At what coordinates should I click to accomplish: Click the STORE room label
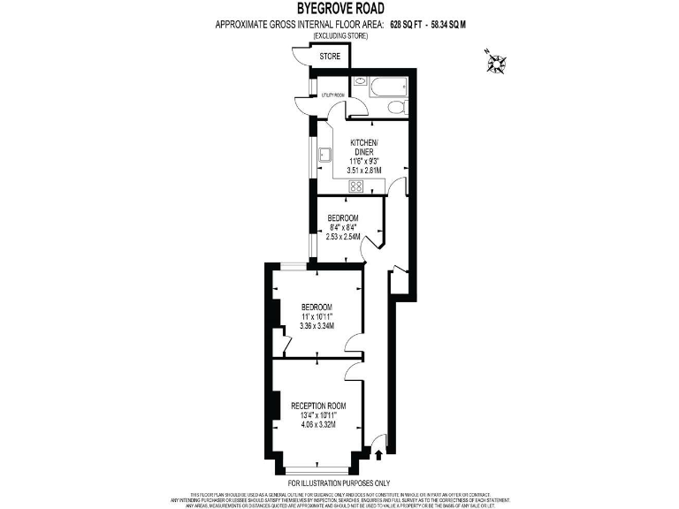(330, 57)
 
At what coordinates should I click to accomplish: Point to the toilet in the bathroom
(395, 107)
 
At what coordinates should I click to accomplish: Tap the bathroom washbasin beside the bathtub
(360, 82)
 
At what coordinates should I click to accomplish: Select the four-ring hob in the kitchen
(358, 186)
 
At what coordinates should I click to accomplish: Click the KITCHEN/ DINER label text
(364, 147)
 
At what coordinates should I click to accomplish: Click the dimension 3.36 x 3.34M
(317, 326)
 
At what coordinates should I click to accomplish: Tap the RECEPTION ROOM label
(318, 406)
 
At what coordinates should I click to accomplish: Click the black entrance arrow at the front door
(379, 456)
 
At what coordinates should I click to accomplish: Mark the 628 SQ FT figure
(413, 25)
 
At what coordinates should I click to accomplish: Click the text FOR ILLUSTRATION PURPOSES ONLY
(339, 483)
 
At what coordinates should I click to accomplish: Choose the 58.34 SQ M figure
(464, 25)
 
